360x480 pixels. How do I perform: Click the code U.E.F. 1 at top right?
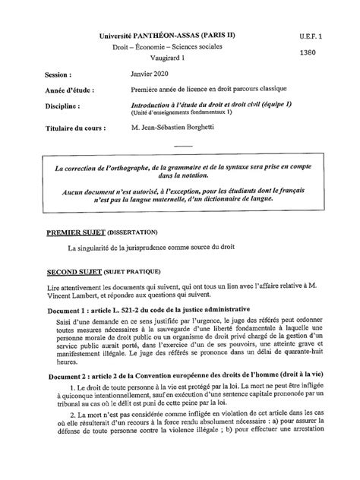tap(311, 36)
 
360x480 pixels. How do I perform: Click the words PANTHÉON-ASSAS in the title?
tap(166, 36)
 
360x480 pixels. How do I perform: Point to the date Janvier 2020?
tap(150, 76)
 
